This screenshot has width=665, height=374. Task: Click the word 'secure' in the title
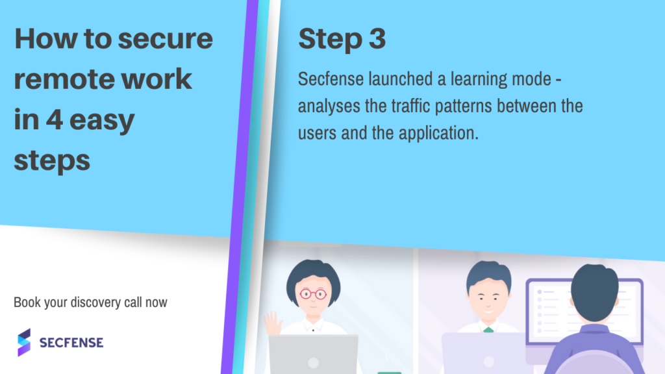pos(165,39)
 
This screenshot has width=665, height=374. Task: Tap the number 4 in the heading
pos(55,119)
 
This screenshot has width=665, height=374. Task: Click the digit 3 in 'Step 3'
pos(377,38)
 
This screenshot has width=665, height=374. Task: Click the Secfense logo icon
pos(24,342)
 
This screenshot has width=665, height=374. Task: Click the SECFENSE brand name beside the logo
pos(71,343)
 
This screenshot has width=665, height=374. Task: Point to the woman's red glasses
pos(313,294)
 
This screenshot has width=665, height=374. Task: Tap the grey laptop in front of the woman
pos(314,355)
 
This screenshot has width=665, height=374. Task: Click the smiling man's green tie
pos(488,329)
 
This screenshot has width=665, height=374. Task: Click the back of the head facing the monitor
pos(594,293)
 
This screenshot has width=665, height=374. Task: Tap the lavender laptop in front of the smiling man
pos(488,353)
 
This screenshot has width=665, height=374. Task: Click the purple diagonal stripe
pos(240,187)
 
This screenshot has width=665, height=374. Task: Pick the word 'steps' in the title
pos(52,161)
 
